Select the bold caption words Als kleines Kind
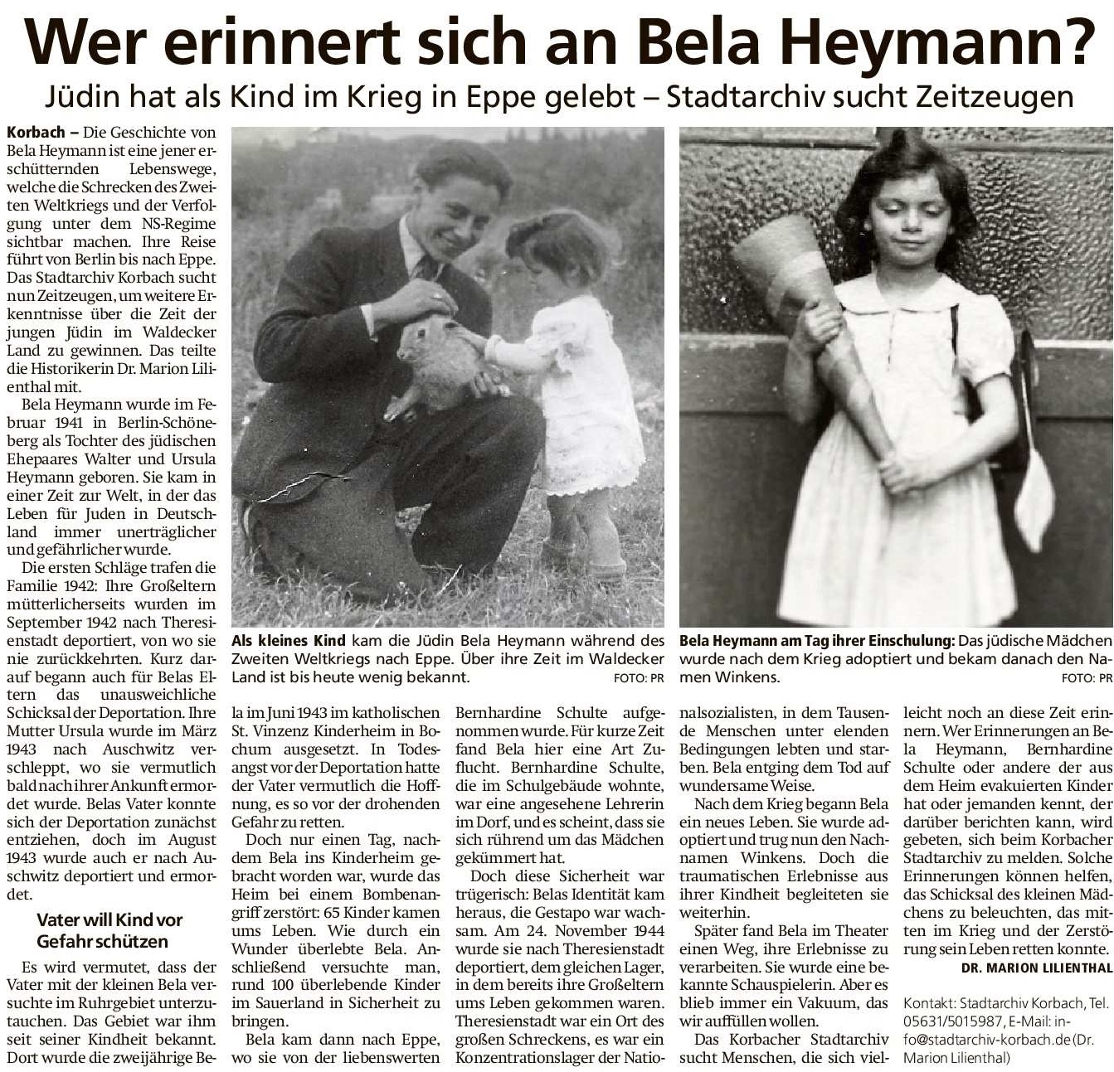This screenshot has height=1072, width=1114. [289, 641]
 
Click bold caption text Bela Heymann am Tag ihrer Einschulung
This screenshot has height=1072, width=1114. [816, 641]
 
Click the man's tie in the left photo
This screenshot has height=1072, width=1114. [428, 267]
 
